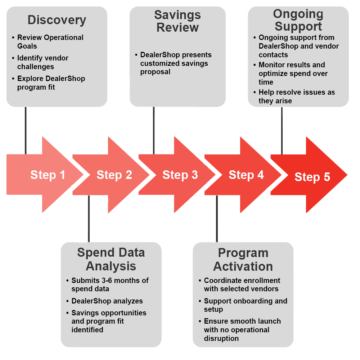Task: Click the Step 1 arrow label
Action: (48, 175)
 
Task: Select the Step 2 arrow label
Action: (114, 175)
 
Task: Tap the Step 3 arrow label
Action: (180, 175)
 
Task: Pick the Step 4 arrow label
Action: (246, 175)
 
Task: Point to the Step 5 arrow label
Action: (312, 177)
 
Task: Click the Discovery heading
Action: (57, 20)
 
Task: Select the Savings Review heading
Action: (177, 21)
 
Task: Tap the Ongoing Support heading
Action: (298, 20)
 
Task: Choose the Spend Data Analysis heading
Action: (111, 259)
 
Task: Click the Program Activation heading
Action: (243, 259)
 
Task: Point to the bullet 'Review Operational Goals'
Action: (50, 42)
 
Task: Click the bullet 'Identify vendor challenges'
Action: (42, 62)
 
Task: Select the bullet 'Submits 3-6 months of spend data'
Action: (110, 284)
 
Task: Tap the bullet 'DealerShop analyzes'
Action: (107, 301)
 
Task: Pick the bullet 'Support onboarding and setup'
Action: (246, 305)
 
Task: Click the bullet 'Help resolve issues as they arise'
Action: (297, 96)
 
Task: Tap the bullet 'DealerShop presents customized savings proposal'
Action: (176, 63)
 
